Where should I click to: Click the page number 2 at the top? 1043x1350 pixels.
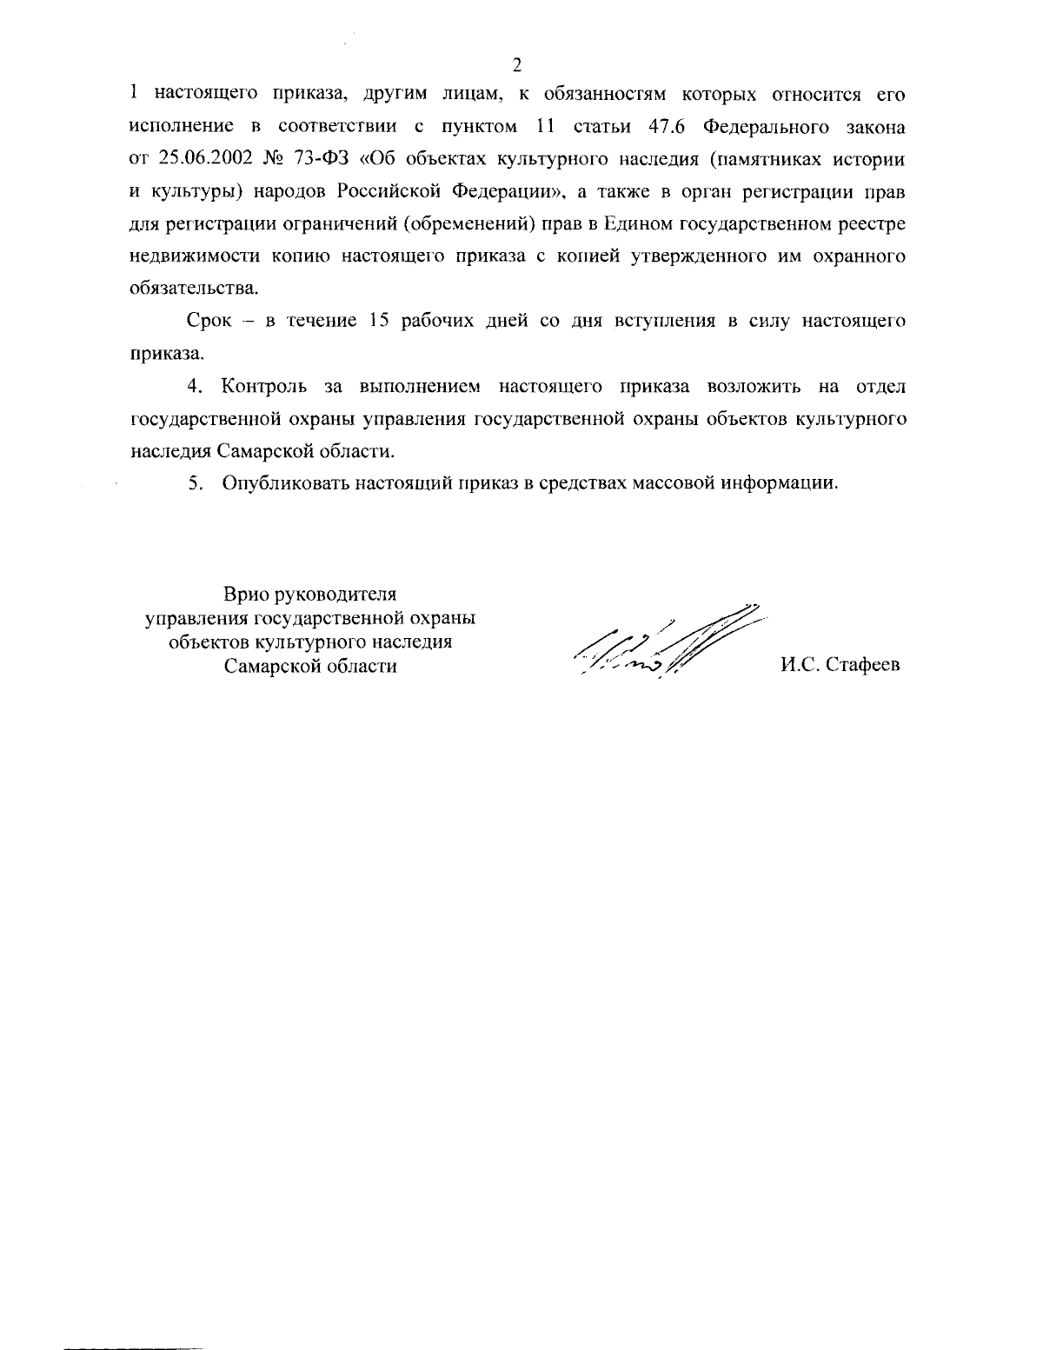pos(517,64)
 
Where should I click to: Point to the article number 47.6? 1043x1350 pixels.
pos(669,127)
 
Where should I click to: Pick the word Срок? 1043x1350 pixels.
pos(211,321)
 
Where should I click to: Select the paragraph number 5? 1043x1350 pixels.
pos(196,483)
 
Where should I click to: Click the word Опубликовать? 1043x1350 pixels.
pos(285,483)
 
